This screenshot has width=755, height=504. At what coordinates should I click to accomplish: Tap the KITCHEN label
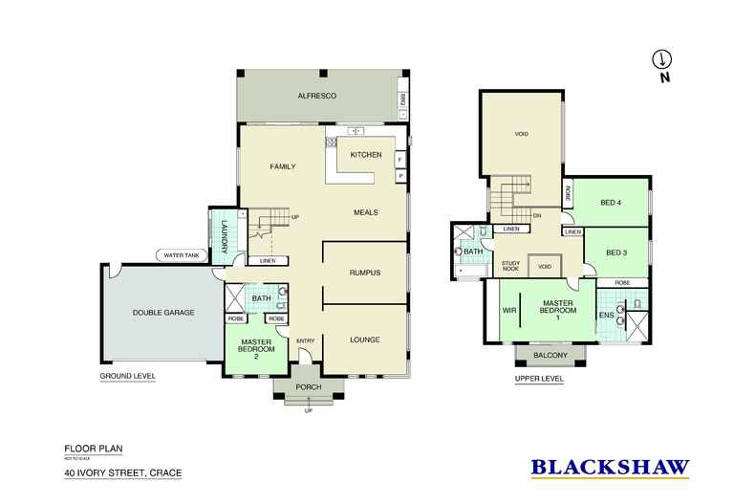[365, 155]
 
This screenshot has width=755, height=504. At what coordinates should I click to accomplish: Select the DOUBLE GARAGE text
[164, 313]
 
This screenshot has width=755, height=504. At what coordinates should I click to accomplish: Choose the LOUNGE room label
[364, 340]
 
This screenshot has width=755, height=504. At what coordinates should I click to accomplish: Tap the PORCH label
[309, 388]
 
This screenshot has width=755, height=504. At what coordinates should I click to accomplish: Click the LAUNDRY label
[225, 235]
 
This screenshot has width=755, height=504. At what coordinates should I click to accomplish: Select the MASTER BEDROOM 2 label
[258, 349]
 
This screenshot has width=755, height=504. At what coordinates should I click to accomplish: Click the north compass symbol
[658, 60]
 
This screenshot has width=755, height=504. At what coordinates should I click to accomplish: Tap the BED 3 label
[617, 252]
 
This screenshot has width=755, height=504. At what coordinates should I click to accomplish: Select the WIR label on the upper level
[508, 311]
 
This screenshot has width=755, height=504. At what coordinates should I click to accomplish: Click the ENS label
[605, 314]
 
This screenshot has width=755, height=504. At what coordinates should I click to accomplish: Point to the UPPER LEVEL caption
[538, 379]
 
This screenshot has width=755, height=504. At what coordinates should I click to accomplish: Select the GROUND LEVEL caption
[127, 377]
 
